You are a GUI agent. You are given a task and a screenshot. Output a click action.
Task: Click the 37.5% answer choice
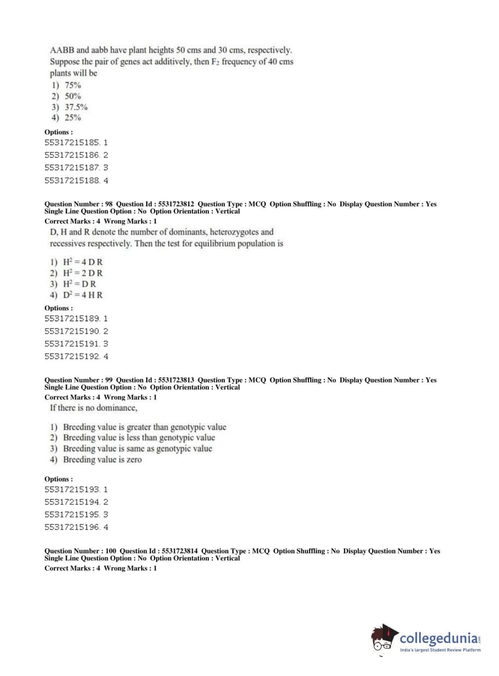76,107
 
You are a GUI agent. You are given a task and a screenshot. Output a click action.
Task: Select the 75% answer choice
72,85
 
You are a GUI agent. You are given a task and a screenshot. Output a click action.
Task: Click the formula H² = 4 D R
82,262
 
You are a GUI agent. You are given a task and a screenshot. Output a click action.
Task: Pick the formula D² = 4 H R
82,295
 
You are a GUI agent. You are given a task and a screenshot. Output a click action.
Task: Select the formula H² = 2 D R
82,273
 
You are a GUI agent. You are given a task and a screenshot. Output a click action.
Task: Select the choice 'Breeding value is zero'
102,460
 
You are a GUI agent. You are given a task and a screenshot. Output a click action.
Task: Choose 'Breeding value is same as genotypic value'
137,449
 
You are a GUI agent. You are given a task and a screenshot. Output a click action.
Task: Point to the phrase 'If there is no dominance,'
93,408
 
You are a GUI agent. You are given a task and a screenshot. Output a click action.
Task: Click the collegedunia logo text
439,639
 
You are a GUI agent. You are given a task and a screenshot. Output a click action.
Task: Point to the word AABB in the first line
62,50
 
